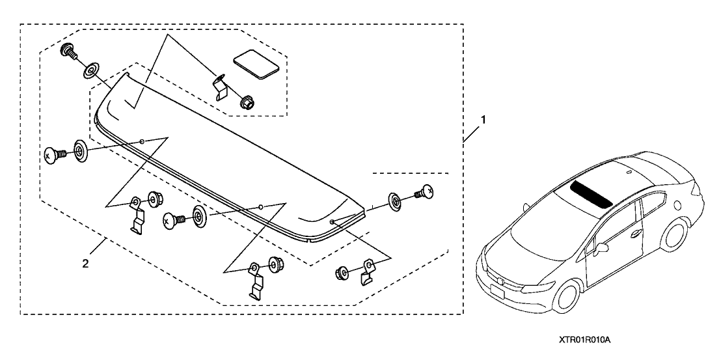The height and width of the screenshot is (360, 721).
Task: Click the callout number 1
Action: tap(482, 120)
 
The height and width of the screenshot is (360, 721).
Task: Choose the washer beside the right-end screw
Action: tap(395, 200)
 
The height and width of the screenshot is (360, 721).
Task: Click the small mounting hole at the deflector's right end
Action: tap(332, 222)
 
